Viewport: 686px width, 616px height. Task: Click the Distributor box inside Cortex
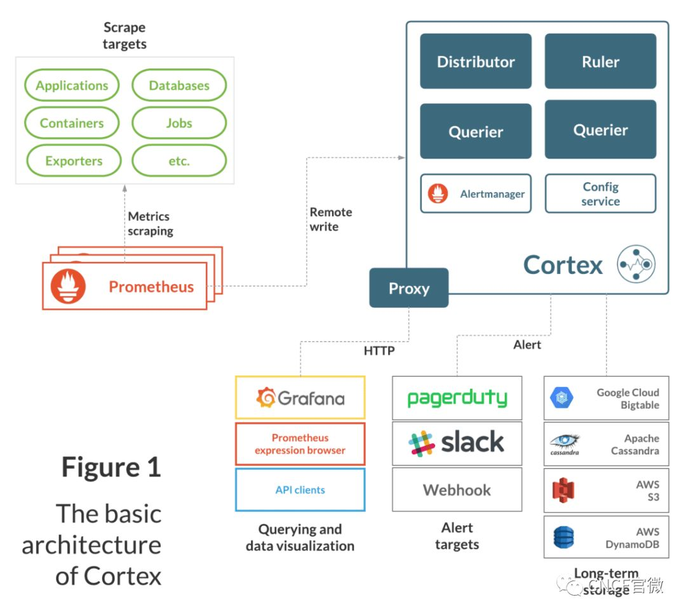[x=475, y=61]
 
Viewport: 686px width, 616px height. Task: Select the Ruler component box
[x=600, y=61]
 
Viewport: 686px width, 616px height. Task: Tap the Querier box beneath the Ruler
[x=600, y=129]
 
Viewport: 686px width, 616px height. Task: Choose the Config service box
[x=600, y=193]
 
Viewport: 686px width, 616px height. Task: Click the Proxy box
[x=408, y=288]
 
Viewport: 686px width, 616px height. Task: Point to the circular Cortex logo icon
[x=636, y=264]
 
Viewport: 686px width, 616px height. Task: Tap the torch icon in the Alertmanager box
[x=438, y=193]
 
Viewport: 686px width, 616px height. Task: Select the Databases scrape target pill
[x=179, y=86]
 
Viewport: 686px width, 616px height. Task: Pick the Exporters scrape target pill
[x=73, y=161]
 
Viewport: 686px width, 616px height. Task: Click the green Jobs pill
[x=179, y=123]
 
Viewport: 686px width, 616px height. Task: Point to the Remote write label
[x=330, y=220]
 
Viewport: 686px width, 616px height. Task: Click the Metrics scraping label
[x=150, y=224]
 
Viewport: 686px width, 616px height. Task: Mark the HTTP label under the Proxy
[x=379, y=350]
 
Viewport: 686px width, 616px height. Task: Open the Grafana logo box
[x=300, y=398]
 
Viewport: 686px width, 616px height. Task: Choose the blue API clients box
[x=300, y=490]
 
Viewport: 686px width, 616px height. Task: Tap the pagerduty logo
[x=457, y=398]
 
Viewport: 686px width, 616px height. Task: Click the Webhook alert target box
[x=457, y=490]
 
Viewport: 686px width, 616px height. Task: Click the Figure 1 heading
[x=111, y=467]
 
